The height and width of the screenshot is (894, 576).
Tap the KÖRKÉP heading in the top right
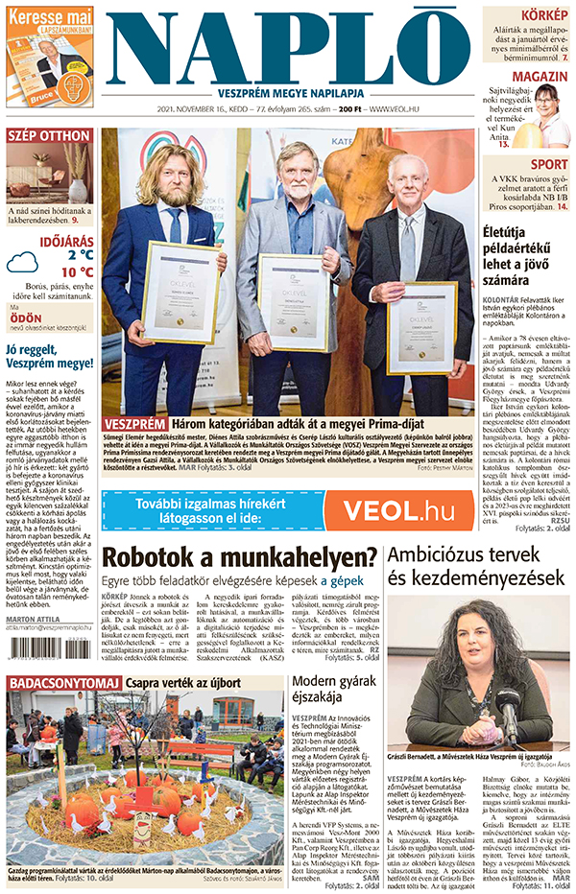543,15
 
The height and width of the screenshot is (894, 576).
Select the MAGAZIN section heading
539,77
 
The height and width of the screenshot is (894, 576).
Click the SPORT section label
548,164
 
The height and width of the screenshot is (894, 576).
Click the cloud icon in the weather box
22,262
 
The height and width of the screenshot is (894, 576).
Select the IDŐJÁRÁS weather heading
65,239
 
